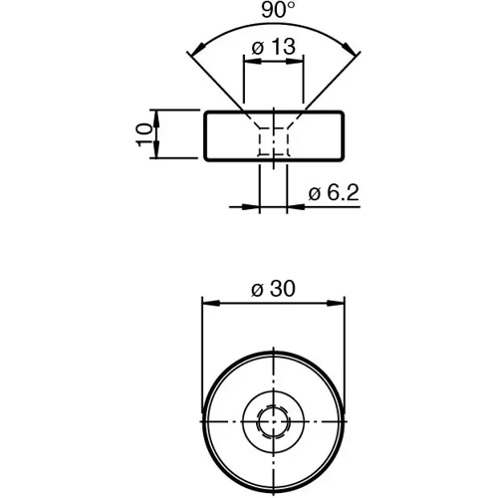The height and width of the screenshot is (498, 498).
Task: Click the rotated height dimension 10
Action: [x=146, y=133]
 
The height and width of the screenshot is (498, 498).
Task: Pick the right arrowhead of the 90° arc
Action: [x=354, y=48]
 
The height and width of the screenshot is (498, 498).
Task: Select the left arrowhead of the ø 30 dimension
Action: [x=207, y=302]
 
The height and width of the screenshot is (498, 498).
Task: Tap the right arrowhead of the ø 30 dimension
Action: [x=340, y=302]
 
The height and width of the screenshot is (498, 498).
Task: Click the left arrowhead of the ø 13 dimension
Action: [x=248, y=61]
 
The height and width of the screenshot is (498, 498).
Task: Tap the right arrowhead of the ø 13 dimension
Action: [x=297, y=61]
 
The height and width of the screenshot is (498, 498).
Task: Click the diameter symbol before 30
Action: [x=257, y=289]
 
